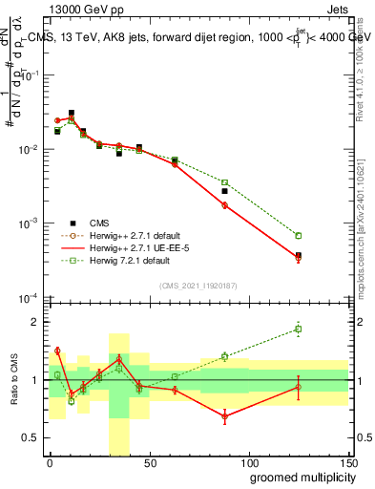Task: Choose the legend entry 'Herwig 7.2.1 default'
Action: coord(124,259)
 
